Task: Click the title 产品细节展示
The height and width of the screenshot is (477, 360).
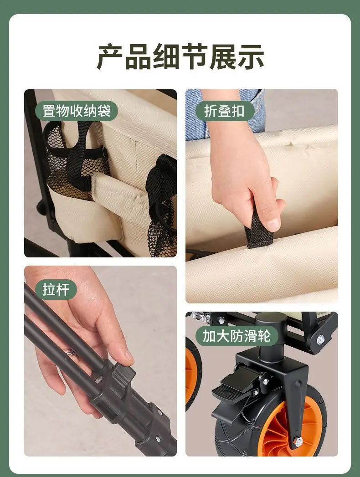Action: click(180, 57)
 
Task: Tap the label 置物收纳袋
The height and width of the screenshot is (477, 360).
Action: click(76, 111)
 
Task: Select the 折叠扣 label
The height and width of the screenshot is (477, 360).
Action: click(224, 111)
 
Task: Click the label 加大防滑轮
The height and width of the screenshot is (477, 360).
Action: click(237, 336)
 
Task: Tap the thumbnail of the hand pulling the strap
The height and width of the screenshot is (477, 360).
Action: click(262, 196)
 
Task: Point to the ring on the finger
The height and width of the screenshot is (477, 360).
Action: click(71, 353)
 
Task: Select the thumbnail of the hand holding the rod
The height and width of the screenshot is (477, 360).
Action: click(100, 361)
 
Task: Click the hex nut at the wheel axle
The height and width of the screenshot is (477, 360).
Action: click(298, 440)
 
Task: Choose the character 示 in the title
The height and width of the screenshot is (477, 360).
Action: click(251, 57)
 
